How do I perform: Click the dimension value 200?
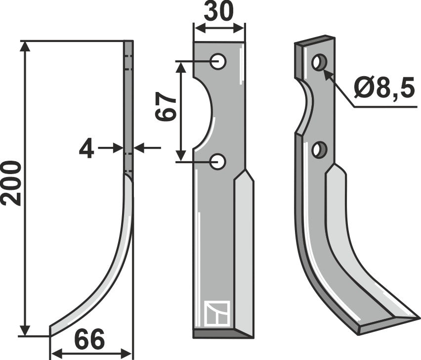(x=11, y=183)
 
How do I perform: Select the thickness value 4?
(x=86, y=148)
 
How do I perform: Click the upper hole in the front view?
(x=218, y=62)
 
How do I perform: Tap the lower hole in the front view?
(x=218, y=161)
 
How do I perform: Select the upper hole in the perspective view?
(x=319, y=63)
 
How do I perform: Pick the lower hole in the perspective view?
(x=320, y=149)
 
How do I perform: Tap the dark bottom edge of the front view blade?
(x=222, y=334)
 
